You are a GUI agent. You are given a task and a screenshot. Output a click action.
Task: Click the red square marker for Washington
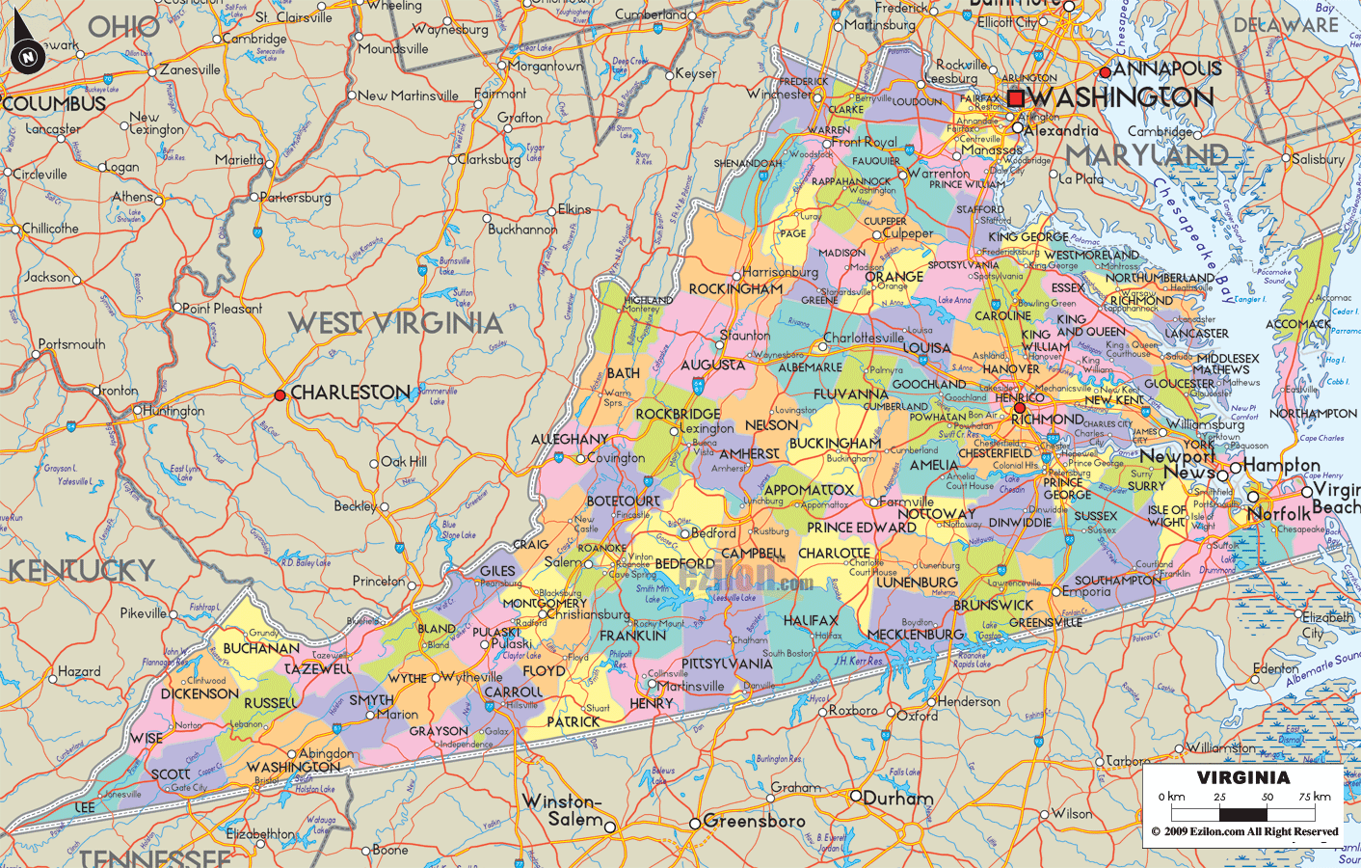[1015, 98]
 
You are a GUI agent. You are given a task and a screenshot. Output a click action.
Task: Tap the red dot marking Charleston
[280, 394]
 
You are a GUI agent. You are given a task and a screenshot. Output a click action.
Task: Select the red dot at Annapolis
[1106, 72]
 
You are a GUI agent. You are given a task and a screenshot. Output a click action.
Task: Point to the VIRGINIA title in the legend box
[1242, 777]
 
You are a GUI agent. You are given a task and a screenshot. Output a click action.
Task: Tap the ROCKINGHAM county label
[735, 288]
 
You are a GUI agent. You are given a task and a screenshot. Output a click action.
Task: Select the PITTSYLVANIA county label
[727, 664]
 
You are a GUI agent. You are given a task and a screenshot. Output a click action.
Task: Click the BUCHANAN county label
[260, 648]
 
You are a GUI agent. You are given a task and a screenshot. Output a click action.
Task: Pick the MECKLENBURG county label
[916, 634]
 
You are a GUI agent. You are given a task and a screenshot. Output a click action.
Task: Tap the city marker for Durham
[855, 796]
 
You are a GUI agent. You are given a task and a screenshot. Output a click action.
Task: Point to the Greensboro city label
[754, 821]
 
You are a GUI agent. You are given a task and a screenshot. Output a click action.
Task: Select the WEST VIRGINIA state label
[395, 323]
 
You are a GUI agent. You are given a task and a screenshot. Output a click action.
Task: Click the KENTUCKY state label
[81, 570]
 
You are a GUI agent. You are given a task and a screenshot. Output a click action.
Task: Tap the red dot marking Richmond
[1020, 408]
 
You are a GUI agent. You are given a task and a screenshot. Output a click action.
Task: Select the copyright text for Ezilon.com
[1244, 831]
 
